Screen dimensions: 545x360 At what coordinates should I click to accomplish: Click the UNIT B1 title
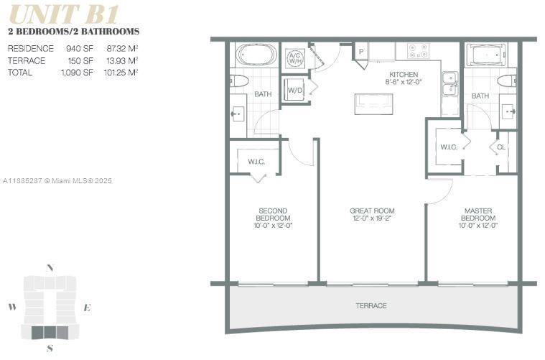pyautogui.click(x=65, y=14)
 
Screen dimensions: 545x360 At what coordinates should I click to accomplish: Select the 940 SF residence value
pyautogui.click(x=80, y=48)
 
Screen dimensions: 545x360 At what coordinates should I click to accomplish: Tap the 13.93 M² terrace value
pyautogui.click(x=122, y=60)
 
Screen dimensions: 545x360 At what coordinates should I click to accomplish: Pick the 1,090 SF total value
pyautogui.click(x=77, y=73)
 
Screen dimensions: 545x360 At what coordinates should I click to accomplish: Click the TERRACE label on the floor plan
pyautogui.click(x=371, y=305)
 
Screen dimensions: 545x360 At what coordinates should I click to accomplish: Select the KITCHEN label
pyautogui.click(x=404, y=75)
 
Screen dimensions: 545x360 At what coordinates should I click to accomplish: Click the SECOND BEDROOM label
pyautogui.click(x=273, y=214)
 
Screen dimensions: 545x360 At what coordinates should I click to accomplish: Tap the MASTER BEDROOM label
pyautogui.click(x=478, y=214)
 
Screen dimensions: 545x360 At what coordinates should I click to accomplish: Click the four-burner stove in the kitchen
pyautogui.click(x=418, y=51)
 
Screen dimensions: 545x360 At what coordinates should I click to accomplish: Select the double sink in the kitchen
pyautogui.click(x=449, y=83)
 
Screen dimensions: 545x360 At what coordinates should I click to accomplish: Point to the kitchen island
pyautogui.click(x=373, y=104)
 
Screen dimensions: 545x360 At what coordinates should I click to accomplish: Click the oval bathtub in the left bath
pyautogui.click(x=256, y=55)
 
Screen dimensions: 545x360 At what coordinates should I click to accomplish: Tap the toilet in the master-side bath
pyautogui.click(x=506, y=81)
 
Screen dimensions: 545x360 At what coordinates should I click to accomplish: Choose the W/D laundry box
pyautogui.click(x=295, y=91)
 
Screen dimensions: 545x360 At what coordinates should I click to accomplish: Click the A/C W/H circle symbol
pyautogui.click(x=295, y=57)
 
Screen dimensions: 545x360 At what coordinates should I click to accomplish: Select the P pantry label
pyautogui.click(x=361, y=52)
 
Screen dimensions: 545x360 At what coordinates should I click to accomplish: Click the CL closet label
pyautogui.click(x=501, y=147)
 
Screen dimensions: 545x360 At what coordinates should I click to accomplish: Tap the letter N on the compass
pyautogui.click(x=50, y=268)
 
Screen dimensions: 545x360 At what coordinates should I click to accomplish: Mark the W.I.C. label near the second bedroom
pyautogui.click(x=256, y=162)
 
